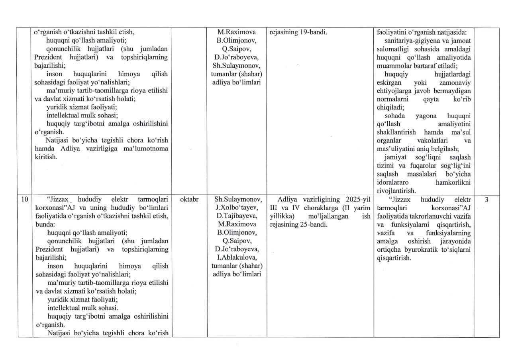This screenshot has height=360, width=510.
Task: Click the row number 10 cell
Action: click(x=25, y=200)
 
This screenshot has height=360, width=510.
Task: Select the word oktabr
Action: click(x=189, y=200)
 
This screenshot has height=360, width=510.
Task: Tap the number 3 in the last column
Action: click(x=486, y=200)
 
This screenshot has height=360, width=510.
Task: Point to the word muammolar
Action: click(x=392, y=66)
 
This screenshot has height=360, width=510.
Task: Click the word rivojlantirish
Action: click(x=396, y=191)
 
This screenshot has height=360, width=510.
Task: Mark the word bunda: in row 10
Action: click(x=45, y=224)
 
